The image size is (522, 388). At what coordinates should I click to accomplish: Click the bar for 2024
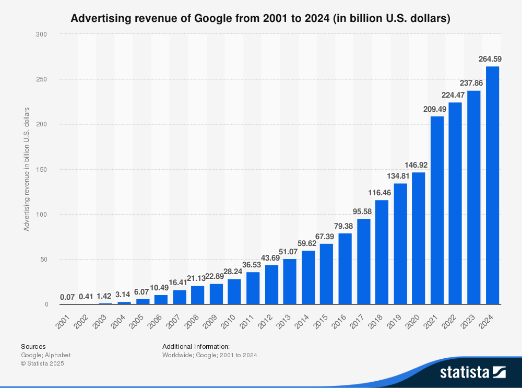coord(492,185)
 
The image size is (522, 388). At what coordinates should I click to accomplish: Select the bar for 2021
coord(437,210)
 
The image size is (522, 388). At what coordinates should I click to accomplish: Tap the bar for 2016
coord(345,269)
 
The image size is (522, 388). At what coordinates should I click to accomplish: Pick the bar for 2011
coord(253,288)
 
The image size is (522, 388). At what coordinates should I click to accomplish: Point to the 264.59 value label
coord(490,59)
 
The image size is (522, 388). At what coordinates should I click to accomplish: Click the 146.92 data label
coord(416,165)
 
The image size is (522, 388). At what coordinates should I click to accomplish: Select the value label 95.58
coord(362,211)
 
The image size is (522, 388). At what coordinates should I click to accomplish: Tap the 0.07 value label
coord(67,297)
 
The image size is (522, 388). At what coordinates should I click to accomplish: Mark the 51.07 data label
coord(288,252)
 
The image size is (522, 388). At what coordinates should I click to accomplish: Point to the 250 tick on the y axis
coord(42,79)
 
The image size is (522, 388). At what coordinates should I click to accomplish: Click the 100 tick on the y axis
coord(42,215)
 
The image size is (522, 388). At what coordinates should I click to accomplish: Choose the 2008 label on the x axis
coord(192,321)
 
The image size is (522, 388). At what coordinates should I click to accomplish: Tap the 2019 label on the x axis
coord(394,321)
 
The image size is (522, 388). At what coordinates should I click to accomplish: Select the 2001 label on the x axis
coord(63,321)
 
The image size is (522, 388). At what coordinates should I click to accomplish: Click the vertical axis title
coord(26,169)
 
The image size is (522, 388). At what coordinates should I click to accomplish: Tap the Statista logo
coord(473,372)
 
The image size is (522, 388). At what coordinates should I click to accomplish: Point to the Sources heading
coord(33,346)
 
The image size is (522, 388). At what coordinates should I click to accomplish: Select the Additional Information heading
coord(196,346)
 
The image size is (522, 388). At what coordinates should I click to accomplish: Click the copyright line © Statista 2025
coord(42,363)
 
